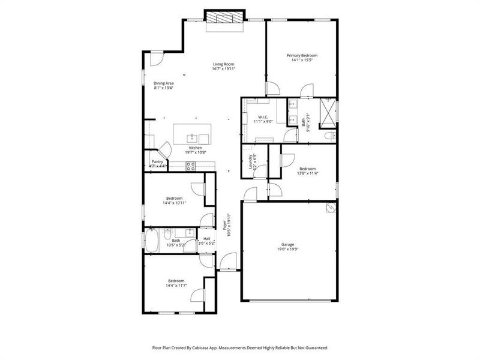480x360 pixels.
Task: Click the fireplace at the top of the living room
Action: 226,19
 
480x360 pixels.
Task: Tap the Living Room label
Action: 223,64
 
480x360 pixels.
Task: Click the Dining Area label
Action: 163,83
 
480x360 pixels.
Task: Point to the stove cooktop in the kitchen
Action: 191,167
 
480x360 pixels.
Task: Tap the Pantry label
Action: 157,161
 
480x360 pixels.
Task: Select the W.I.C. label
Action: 263,117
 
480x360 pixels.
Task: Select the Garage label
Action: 288,245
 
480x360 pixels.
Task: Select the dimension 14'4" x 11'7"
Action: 176,286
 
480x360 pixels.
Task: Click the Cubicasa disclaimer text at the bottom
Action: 239,347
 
